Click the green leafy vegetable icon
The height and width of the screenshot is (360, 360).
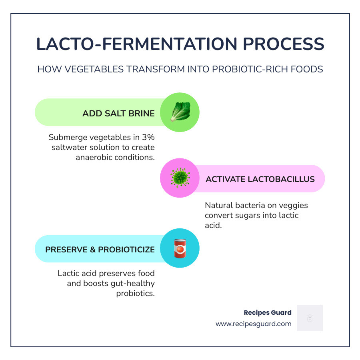[180, 112]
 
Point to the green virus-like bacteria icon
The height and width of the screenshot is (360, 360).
[180, 178]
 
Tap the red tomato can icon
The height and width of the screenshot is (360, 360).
[180, 248]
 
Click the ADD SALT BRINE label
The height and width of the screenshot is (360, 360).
[118, 114]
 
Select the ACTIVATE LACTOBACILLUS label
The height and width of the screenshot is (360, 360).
[260, 179]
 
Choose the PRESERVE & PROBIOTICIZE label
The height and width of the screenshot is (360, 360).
[100, 250]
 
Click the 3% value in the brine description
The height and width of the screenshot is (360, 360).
[148, 137]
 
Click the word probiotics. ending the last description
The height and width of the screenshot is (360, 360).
[135, 293]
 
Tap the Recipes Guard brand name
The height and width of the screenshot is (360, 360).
[268, 312]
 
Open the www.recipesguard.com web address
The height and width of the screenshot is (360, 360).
[253, 324]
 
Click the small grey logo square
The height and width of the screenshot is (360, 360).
[309, 318]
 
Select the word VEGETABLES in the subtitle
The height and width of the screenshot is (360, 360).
[92, 69]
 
